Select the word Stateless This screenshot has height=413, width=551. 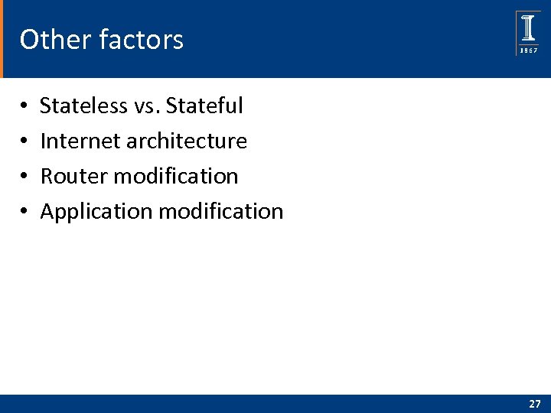[83, 106]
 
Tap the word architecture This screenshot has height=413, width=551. [187, 141]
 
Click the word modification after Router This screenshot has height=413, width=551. [175, 176]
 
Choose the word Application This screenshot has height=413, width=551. [96, 211]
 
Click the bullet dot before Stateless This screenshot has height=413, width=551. [24, 106]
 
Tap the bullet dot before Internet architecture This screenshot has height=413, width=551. [24, 141]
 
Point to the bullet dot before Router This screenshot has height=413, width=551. [24, 177]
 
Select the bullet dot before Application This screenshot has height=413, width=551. [24, 212]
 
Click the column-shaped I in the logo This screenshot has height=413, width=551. [529, 28]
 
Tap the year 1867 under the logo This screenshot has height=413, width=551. [529, 50]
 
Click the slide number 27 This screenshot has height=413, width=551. [533, 403]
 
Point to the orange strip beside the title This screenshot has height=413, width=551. [2, 39]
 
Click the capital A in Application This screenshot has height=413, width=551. [47, 211]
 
